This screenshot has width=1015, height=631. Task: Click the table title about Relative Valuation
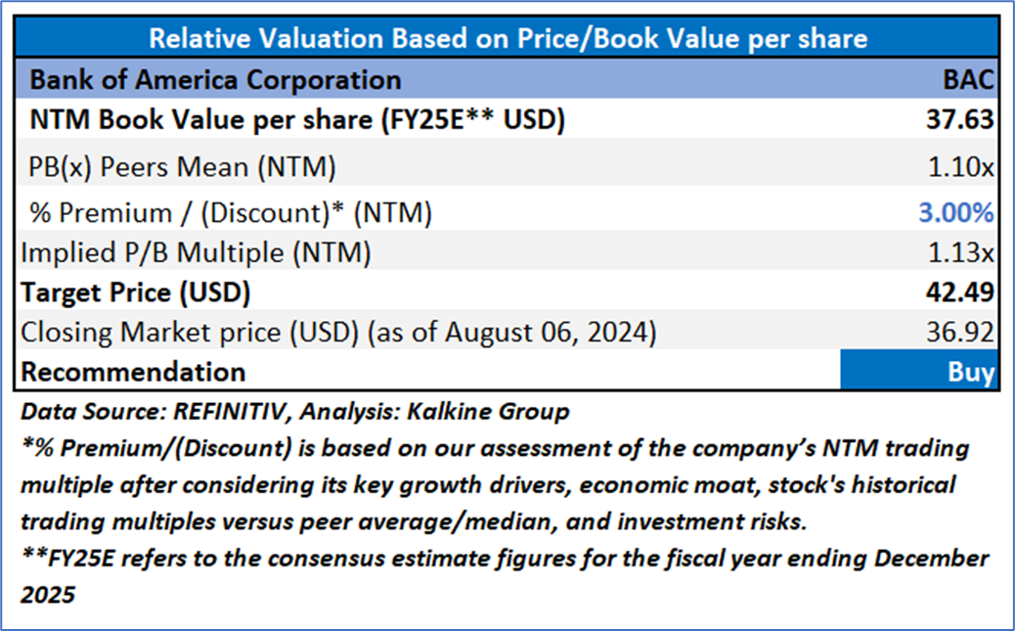[507, 39]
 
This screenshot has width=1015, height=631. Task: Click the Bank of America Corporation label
[215, 79]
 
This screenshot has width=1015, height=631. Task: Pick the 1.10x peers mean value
[962, 166]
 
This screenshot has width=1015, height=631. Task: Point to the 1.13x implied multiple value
[962, 252]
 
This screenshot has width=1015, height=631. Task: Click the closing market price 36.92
[963, 333]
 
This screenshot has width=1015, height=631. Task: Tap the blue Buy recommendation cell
[919, 372]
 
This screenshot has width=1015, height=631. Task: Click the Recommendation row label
[133, 372]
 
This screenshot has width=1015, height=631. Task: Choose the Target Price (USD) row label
[136, 293]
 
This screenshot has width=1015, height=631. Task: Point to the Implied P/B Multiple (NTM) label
[196, 252]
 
